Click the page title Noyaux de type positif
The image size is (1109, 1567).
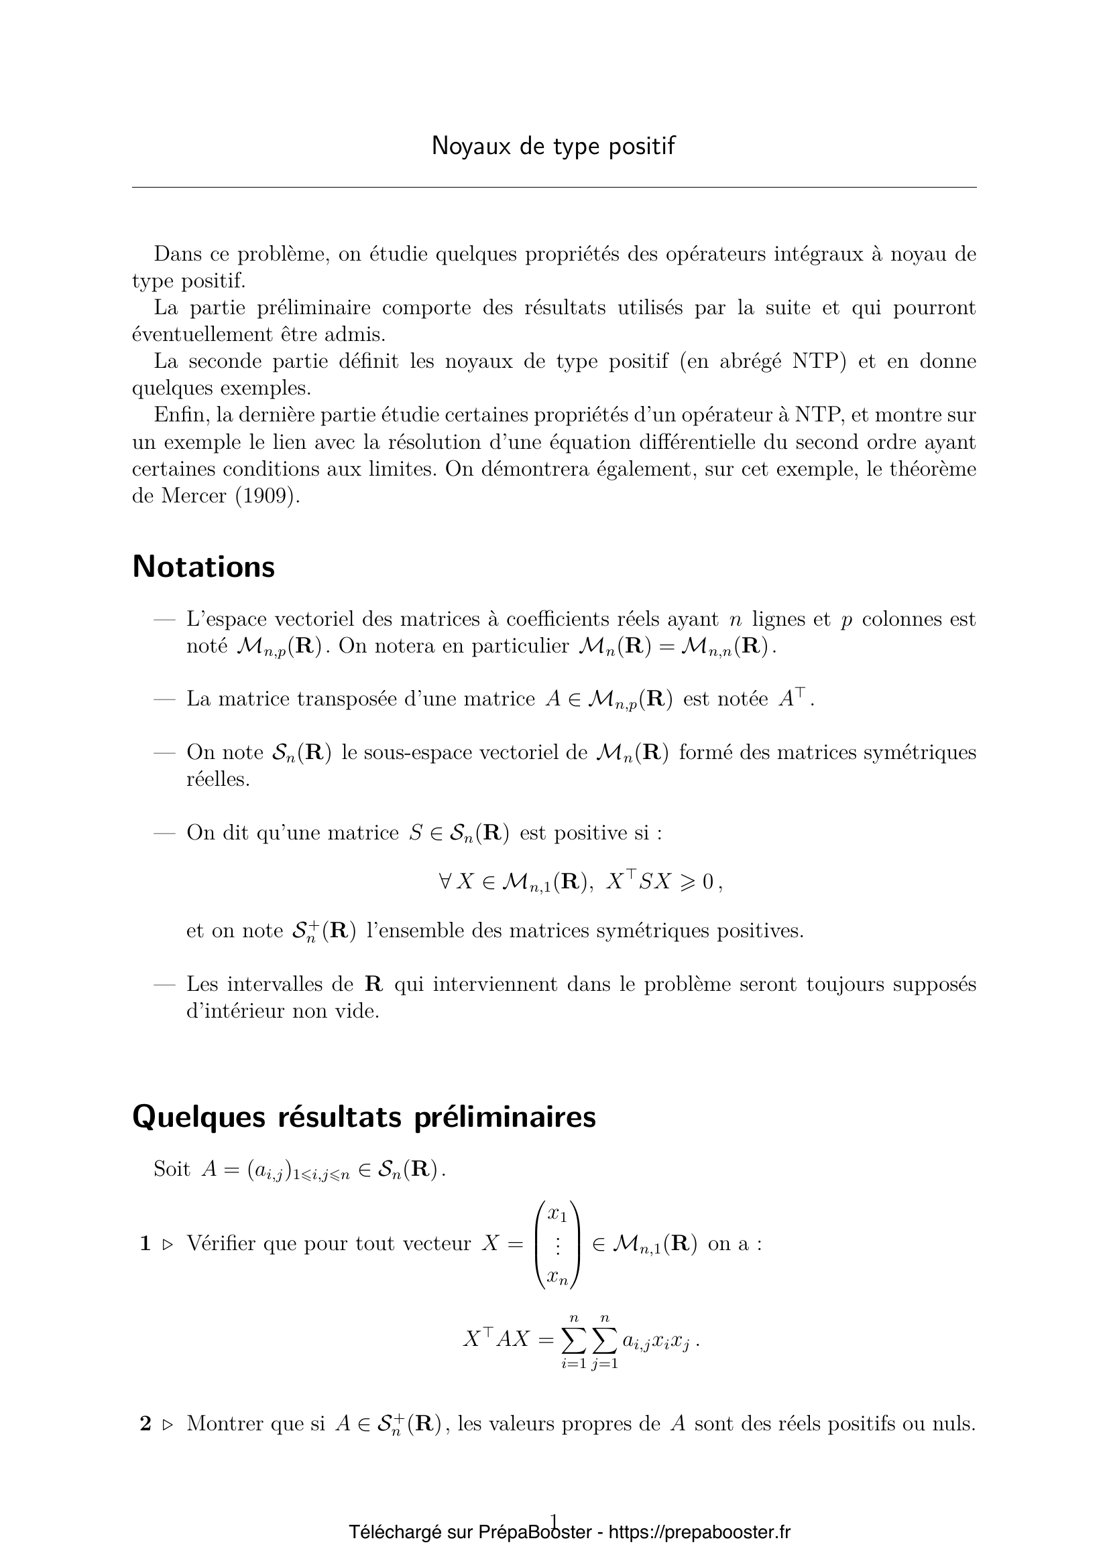click(553, 147)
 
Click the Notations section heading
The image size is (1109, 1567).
click(204, 567)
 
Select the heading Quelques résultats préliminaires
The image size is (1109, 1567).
click(363, 1117)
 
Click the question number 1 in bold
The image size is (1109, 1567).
click(145, 1244)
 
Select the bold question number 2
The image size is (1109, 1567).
click(145, 1424)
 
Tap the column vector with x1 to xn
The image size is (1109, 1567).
click(558, 1244)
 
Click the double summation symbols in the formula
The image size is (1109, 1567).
click(589, 1341)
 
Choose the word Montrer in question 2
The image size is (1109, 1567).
click(226, 1424)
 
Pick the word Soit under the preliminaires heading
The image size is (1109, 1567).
click(172, 1169)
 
